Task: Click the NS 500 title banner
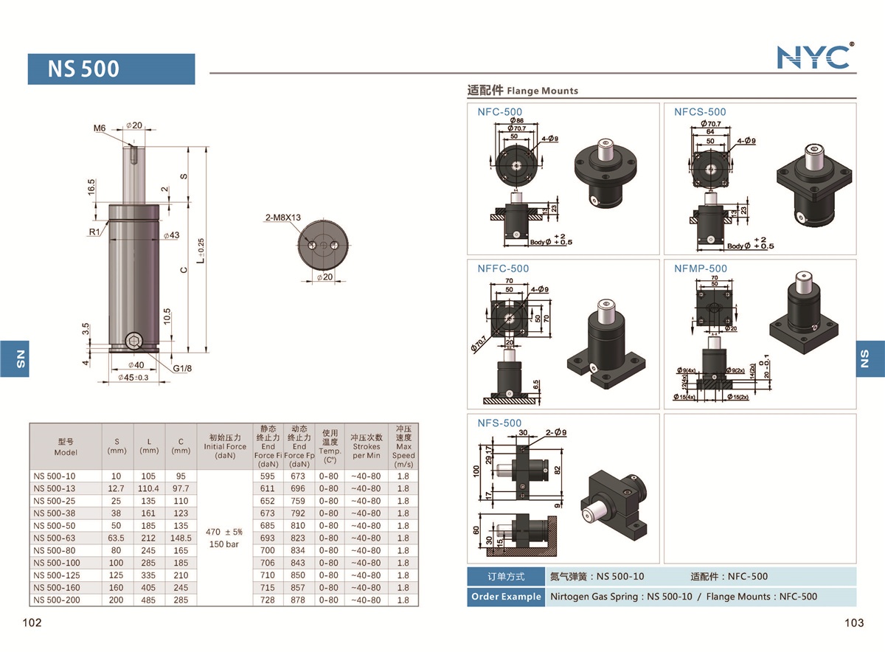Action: pyautogui.click(x=111, y=69)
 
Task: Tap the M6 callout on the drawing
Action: pyautogui.click(x=100, y=128)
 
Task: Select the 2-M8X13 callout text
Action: pyautogui.click(x=283, y=218)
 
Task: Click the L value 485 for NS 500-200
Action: pyautogui.click(x=149, y=600)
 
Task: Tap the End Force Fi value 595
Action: pyautogui.click(x=268, y=476)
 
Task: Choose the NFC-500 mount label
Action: pyautogui.click(x=499, y=112)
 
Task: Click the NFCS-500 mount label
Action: pyautogui.click(x=700, y=112)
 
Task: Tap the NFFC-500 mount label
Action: pyautogui.click(x=503, y=268)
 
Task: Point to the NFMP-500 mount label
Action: pyautogui.click(x=700, y=268)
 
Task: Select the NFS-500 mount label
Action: pyautogui.click(x=499, y=423)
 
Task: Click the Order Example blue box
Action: pyautogui.click(x=506, y=597)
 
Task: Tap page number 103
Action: pyautogui.click(x=854, y=623)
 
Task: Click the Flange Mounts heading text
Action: pyautogui.click(x=543, y=91)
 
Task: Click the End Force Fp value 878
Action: pyautogui.click(x=299, y=600)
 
